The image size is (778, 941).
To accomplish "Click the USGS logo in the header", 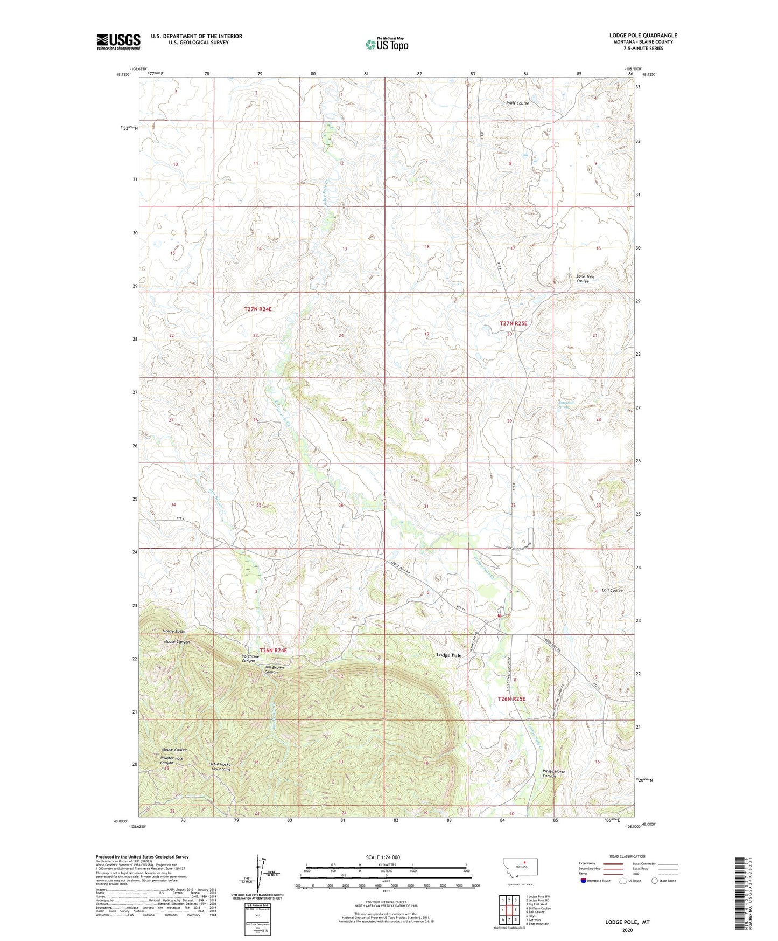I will click(118, 41).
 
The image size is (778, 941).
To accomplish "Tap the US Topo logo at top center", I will click(386, 44).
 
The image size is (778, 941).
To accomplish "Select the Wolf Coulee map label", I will click(517, 103).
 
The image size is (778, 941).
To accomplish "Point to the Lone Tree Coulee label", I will click(585, 279).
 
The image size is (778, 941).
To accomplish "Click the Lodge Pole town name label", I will click(448, 655).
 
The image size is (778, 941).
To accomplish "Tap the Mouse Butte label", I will click(174, 631).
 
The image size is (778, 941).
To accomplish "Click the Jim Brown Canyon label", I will click(274, 670).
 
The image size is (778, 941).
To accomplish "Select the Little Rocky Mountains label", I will click(220, 766).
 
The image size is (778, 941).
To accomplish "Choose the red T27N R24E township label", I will click(258, 310).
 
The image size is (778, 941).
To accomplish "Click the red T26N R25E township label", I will click(511, 699).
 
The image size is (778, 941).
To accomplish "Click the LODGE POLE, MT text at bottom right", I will click(627, 922).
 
